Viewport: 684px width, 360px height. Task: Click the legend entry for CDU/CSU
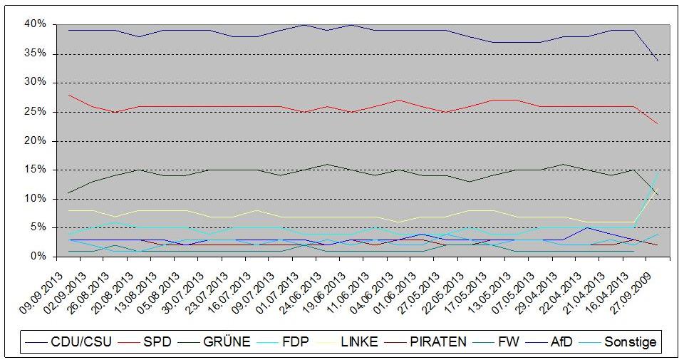[68, 341]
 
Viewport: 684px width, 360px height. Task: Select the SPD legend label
[145, 341]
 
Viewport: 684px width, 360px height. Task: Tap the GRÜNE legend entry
[214, 341]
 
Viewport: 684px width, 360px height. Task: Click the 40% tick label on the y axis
[36, 24]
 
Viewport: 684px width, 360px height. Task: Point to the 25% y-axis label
[36, 112]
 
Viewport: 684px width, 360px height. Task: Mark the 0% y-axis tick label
[38, 256]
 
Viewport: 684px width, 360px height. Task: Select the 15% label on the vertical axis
[36, 170]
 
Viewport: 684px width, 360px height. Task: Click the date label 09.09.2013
[41, 292]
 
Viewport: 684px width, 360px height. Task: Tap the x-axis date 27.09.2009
[630, 292]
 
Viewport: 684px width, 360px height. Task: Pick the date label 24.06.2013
[300, 292]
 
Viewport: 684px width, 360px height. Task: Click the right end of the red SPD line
[658, 123]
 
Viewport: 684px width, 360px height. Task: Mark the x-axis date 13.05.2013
[489, 292]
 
